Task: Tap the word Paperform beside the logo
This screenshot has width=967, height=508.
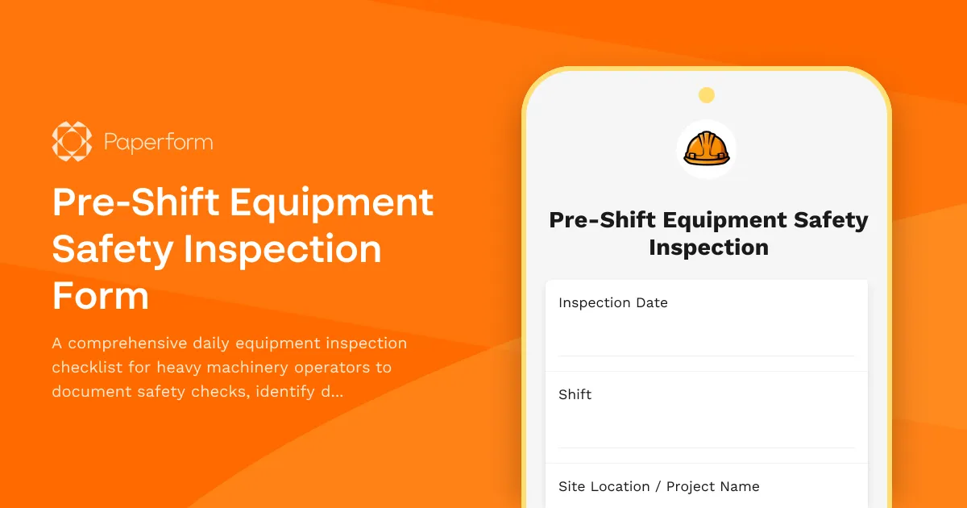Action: [158, 143]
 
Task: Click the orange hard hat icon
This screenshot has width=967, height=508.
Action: [706, 148]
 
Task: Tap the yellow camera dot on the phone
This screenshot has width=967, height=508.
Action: [706, 95]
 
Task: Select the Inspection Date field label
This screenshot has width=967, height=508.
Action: [612, 303]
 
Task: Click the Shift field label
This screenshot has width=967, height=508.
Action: [575, 395]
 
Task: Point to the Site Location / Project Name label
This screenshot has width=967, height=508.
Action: [658, 487]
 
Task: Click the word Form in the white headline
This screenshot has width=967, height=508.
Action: [101, 296]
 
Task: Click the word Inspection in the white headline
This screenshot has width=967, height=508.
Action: [283, 249]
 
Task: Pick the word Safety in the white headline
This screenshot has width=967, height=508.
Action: [113, 249]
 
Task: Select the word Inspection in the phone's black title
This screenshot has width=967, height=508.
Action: [708, 248]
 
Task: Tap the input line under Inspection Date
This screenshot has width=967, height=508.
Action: [706, 355]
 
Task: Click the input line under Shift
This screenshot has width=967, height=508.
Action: [706, 447]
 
